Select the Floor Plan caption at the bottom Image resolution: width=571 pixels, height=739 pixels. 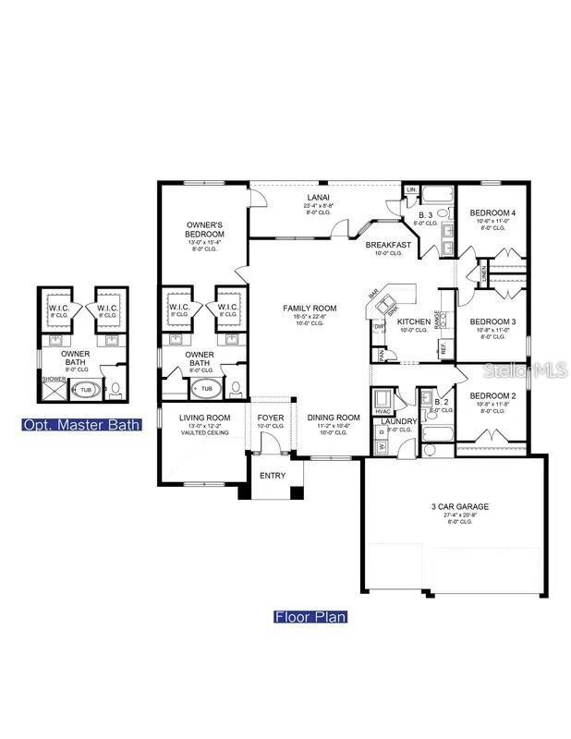click(x=310, y=616)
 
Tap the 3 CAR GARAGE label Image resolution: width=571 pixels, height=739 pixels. click(x=459, y=506)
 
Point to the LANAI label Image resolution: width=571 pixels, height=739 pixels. click(x=318, y=197)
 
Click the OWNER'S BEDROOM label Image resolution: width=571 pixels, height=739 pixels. click(x=204, y=229)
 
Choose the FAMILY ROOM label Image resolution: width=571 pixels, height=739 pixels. click(x=310, y=309)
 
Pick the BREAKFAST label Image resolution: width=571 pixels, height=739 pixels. click(x=387, y=245)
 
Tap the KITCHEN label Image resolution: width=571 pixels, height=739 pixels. click(x=413, y=321)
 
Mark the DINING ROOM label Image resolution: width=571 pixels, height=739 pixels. click(x=334, y=418)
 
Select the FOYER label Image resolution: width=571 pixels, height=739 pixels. click(x=272, y=418)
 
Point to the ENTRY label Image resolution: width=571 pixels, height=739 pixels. click(x=273, y=476)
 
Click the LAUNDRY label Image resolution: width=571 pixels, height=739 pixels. click(x=398, y=421)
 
